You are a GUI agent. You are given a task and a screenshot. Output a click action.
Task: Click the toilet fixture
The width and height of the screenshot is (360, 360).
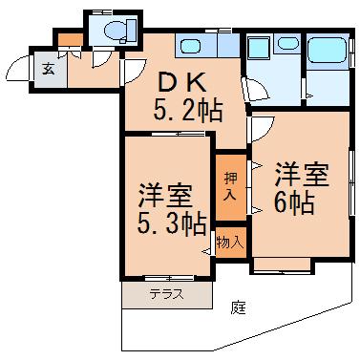[120, 30]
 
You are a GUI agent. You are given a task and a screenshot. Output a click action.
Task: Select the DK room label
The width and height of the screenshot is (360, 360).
[181, 83]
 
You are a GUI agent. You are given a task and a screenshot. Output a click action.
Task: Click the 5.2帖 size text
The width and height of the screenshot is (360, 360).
[187, 110]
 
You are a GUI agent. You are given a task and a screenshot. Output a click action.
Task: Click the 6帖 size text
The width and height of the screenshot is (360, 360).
[294, 202]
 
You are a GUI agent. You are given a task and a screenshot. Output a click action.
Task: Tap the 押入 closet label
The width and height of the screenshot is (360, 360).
[231, 186]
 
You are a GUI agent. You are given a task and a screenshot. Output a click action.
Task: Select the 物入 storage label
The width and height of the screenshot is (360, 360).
[230, 244]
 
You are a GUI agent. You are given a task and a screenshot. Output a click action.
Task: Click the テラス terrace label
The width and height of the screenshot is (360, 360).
[167, 294]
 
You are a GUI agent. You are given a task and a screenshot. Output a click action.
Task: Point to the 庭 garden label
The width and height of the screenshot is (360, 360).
[239, 307]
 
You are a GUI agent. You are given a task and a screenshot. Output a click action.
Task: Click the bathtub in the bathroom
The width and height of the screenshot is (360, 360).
[328, 50]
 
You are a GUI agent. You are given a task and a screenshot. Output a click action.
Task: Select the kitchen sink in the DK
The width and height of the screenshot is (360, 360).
[190, 46]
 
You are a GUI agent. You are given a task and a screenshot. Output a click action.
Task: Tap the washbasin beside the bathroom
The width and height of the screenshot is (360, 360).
[288, 43]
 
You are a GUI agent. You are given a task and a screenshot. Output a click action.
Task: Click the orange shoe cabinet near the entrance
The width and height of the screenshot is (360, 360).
[71, 39]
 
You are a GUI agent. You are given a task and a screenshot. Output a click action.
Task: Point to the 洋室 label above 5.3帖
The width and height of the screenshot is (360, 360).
[165, 195]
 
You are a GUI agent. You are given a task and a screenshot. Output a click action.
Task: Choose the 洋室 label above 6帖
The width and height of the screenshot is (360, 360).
[302, 175]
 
